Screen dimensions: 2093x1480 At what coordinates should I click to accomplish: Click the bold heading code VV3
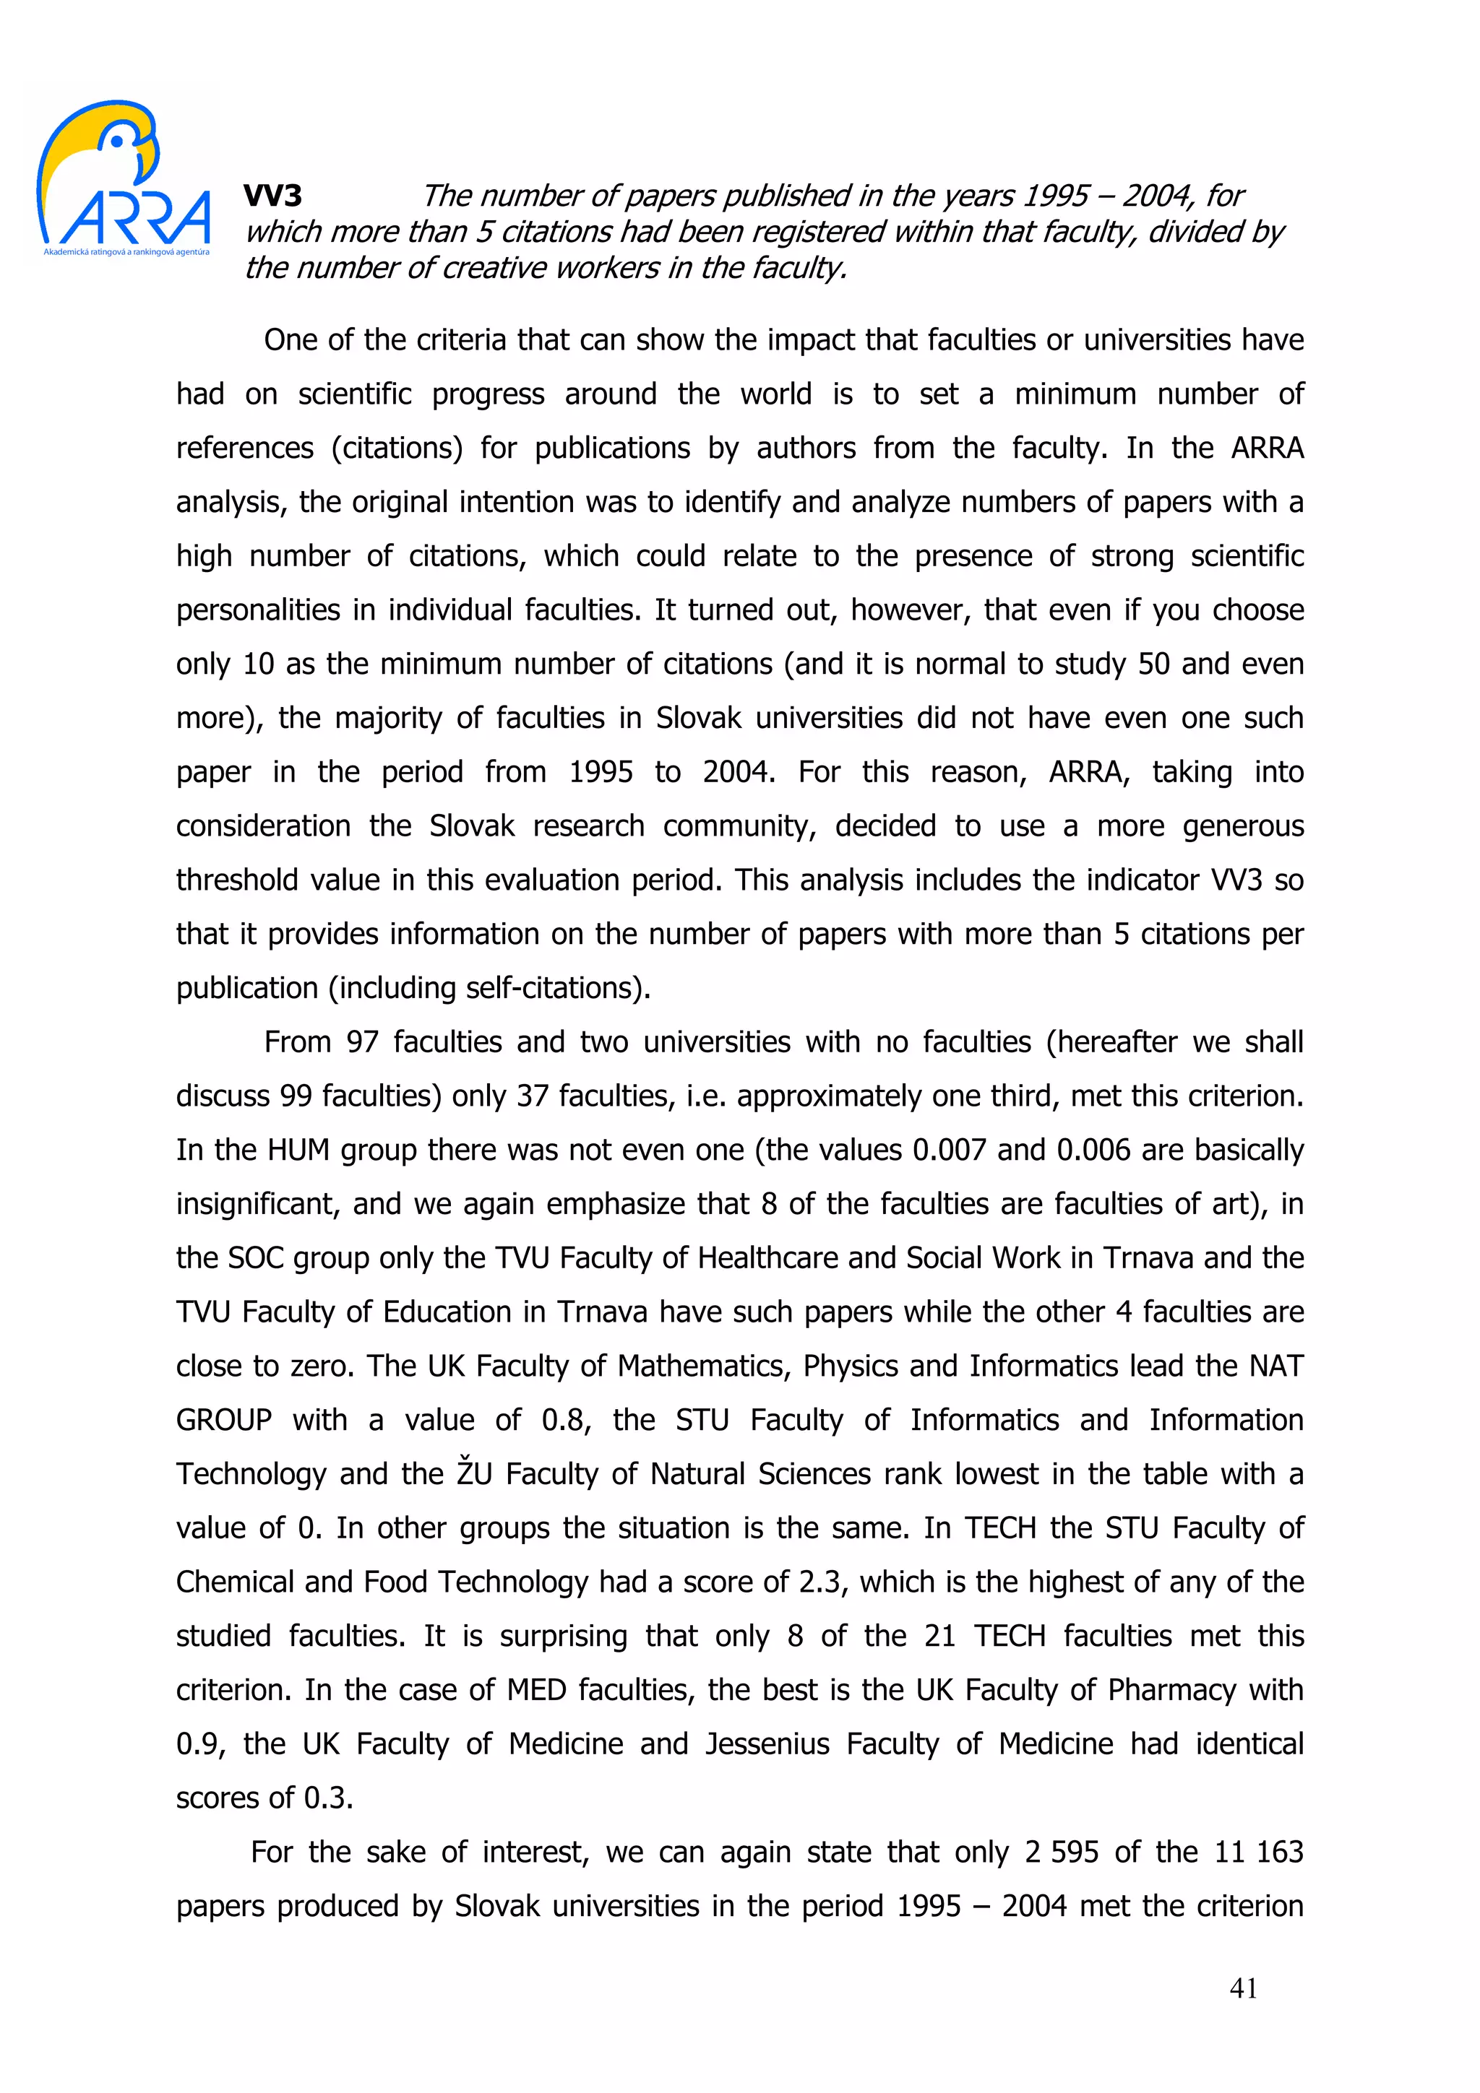pyautogui.click(x=272, y=196)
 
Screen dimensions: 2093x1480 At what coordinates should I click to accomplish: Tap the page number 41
pyautogui.click(x=1243, y=1989)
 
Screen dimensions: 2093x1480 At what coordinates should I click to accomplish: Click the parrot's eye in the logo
pyautogui.click(x=117, y=140)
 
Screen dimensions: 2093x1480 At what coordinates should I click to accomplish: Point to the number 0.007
pyautogui.click(x=948, y=1150)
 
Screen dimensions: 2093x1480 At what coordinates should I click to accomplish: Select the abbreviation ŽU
pyautogui.click(x=475, y=1474)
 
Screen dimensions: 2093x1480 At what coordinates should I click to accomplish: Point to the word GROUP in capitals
pyautogui.click(x=223, y=1420)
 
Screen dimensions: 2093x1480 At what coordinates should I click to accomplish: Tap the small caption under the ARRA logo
pyautogui.click(x=126, y=251)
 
